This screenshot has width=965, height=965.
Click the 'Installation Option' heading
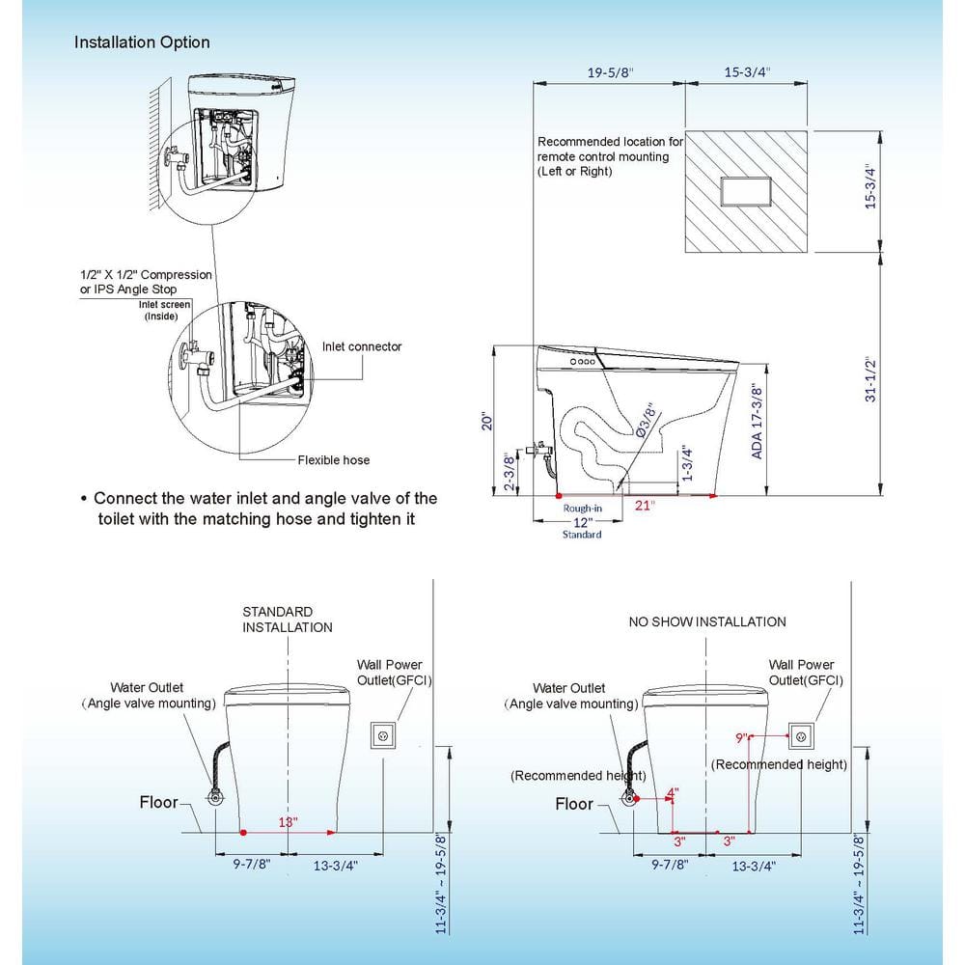click(x=142, y=42)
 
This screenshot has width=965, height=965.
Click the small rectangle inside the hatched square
click(x=746, y=189)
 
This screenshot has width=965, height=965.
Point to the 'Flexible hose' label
click(x=333, y=459)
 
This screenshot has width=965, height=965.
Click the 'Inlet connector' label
click(x=362, y=346)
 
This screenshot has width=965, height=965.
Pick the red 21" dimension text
click(x=645, y=505)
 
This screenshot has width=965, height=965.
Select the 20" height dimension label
click(x=488, y=422)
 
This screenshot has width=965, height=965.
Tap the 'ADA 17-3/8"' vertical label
click(x=758, y=422)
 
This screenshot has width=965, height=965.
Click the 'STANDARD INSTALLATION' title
click(x=287, y=619)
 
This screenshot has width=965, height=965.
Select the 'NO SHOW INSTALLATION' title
click(x=707, y=621)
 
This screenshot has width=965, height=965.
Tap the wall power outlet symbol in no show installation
click(x=801, y=735)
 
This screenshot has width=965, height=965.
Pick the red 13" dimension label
click(x=288, y=821)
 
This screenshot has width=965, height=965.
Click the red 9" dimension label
click(x=741, y=738)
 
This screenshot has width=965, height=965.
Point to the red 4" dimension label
click(x=673, y=792)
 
